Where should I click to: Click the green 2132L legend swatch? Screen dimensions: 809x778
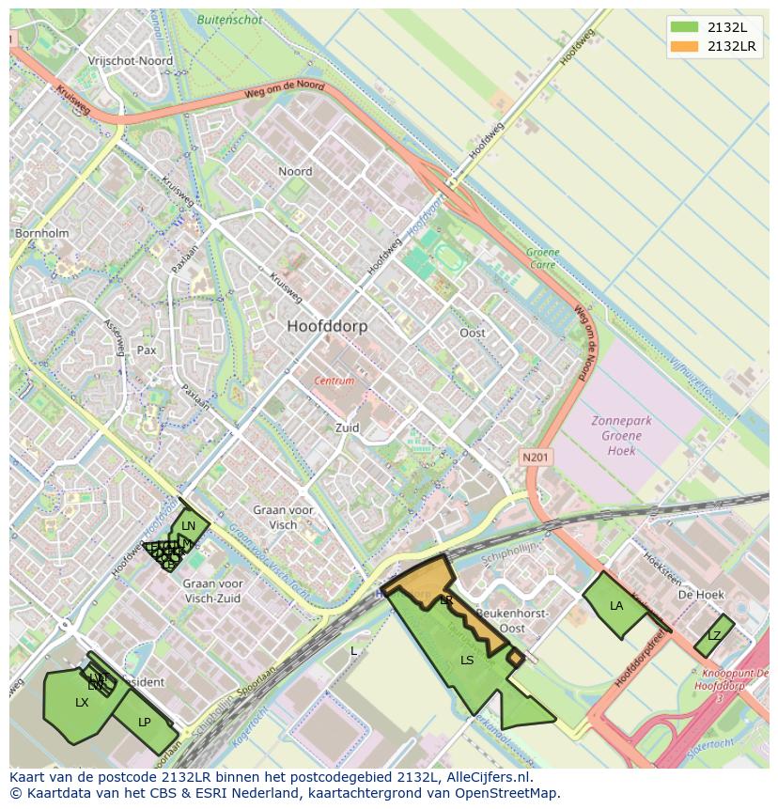click(685, 27)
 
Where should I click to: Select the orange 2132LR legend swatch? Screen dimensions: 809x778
click(685, 46)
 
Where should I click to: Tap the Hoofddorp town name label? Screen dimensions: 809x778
click(327, 326)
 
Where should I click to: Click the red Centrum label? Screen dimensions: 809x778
click(335, 381)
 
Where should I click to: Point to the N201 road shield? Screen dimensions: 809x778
click(537, 457)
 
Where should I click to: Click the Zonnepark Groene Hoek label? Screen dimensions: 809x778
click(621, 435)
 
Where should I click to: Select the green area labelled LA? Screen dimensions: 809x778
click(615, 606)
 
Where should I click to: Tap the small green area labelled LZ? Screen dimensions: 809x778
click(714, 636)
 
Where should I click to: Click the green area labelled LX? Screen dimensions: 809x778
click(81, 703)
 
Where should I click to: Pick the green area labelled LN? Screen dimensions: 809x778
click(189, 526)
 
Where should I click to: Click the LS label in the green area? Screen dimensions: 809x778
click(467, 661)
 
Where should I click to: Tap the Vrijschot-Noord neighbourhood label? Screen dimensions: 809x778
click(130, 60)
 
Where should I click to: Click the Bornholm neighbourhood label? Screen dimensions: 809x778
click(41, 232)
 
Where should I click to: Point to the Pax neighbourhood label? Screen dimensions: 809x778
click(147, 350)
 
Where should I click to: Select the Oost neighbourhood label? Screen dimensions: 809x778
click(473, 333)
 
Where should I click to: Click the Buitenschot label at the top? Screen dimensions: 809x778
click(229, 18)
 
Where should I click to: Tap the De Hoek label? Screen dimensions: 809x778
click(701, 595)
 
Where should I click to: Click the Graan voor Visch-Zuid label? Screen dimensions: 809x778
click(211, 590)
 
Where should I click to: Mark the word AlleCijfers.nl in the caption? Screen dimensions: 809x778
click(490, 777)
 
